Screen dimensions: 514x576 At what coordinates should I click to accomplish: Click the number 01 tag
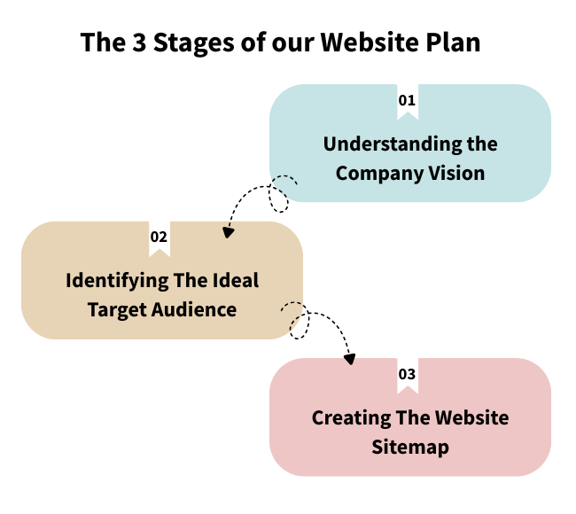[407, 101]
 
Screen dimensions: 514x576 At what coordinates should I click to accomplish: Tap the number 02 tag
[159, 238]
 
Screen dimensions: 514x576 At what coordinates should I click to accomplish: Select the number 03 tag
[407, 374]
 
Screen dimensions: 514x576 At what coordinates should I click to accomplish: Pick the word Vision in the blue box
[456, 172]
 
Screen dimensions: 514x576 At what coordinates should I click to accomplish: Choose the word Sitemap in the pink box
[410, 446]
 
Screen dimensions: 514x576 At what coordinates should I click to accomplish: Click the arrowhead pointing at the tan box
[228, 233]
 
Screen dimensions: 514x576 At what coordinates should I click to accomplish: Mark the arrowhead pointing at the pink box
[350, 359]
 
